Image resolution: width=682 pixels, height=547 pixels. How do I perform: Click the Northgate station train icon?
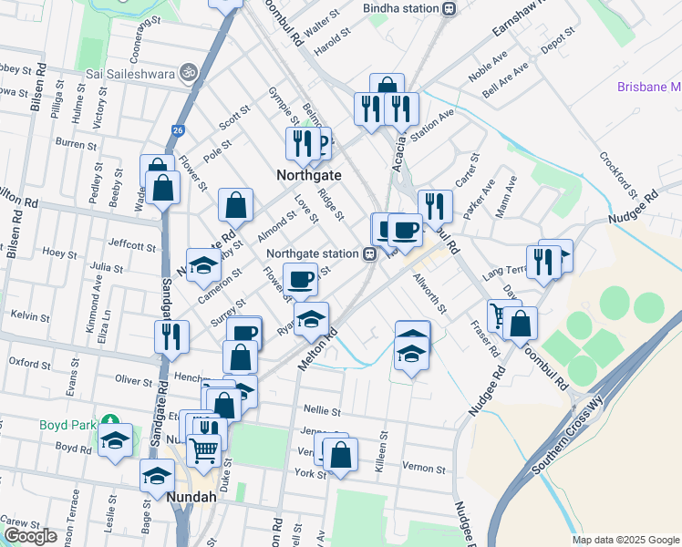click(x=370, y=254)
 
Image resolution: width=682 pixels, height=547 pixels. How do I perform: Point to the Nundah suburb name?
click(x=191, y=497)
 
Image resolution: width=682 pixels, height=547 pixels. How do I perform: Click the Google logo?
click(x=30, y=536)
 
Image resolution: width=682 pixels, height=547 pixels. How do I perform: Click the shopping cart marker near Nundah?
click(x=204, y=449)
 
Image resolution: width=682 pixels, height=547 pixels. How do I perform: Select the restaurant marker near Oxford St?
click(x=171, y=335)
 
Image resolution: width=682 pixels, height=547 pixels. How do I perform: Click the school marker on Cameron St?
click(x=203, y=265)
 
